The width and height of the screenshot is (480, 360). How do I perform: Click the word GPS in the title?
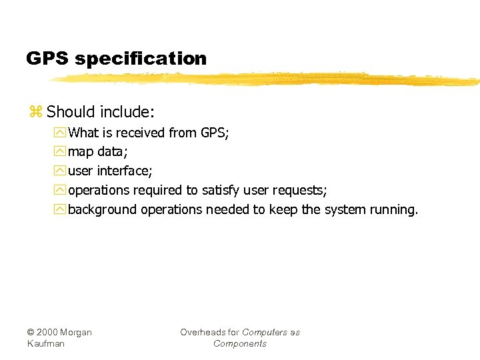click(48, 59)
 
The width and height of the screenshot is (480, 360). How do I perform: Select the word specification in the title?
click(141, 59)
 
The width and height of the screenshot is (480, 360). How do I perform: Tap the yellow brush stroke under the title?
click(267, 79)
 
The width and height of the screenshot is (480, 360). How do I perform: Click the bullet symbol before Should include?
click(35, 111)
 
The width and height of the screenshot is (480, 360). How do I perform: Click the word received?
click(141, 133)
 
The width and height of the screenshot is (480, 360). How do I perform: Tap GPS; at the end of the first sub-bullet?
click(215, 133)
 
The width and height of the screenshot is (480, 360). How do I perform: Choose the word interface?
click(126, 171)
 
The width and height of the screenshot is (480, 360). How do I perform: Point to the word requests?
click(300, 191)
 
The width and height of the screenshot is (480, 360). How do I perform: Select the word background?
click(102, 210)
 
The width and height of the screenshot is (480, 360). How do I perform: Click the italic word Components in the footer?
click(240, 343)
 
